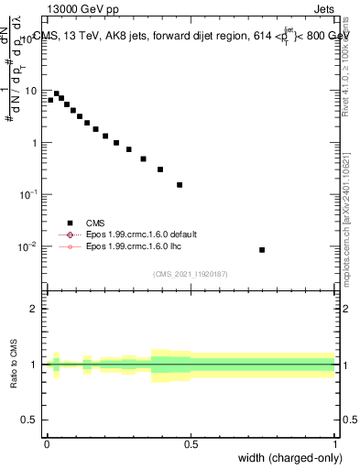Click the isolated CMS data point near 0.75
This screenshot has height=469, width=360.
pos(262,249)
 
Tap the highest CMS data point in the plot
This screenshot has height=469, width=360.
pos(57,93)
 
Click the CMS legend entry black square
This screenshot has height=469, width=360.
pos(70,223)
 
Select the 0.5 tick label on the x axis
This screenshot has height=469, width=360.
pos(191,443)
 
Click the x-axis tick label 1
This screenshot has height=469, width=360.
pos(335,443)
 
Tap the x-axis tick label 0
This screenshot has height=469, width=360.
pos(47,443)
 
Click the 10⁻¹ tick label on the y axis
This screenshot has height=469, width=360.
pos(29,195)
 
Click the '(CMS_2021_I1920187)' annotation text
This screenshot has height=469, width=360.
pos(190,273)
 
